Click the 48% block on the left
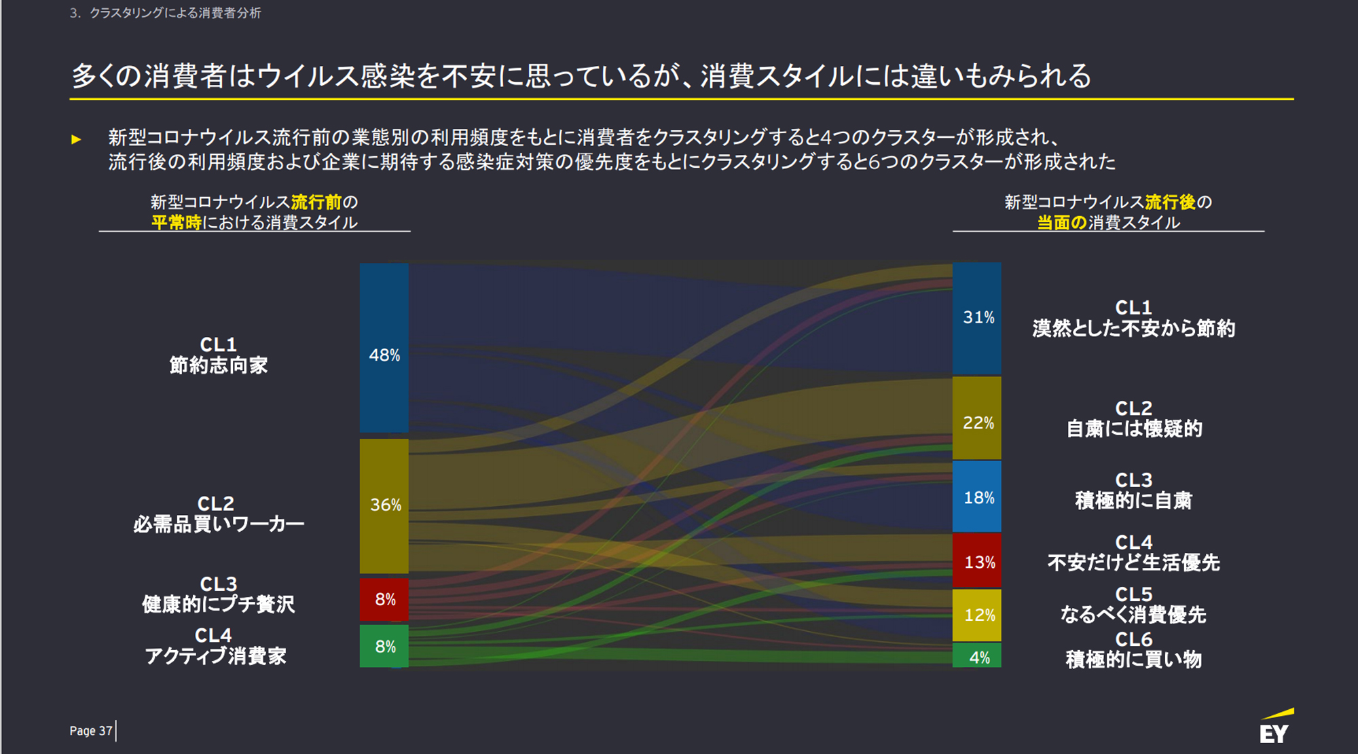click(x=384, y=348)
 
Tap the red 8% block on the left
click(x=384, y=599)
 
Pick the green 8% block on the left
click(x=384, y=646)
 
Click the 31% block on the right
click(x=976, y=318)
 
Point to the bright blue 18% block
click(x=976, y=497)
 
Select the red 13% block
click(x=976, y=560)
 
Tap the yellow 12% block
click(x=976, y=615)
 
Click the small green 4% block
click(x=976, y=656)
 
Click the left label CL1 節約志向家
click(x=218, y=355)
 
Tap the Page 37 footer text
click(x=90, y=731)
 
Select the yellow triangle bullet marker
click(x=76, y=139)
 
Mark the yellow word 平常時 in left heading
click(x=176, y=223)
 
